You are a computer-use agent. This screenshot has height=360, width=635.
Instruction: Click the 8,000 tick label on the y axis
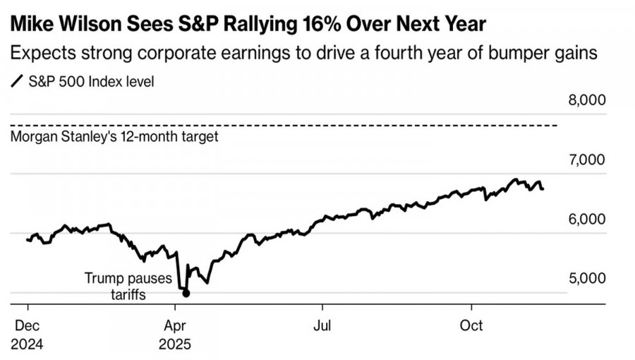click(587, 100)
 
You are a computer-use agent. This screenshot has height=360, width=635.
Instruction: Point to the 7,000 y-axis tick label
click(587, 160)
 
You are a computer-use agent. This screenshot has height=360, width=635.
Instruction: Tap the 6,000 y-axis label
click(587, 220)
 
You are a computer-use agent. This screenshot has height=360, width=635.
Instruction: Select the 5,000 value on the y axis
click(587, 279)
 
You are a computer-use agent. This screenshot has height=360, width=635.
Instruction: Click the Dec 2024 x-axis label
click(28, 335)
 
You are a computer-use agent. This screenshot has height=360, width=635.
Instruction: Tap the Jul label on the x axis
click(322, 325)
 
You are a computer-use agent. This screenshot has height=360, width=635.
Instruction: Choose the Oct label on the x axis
click(471, 325)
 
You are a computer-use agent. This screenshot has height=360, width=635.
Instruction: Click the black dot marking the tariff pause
click(186, 292)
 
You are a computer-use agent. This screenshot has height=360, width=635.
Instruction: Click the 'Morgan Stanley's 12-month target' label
click(115, 137)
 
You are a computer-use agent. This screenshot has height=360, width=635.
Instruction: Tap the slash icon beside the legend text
click(16, 82)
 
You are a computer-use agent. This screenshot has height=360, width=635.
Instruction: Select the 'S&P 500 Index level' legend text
click(91, 82)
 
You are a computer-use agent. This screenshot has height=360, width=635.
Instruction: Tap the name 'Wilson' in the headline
click(104, 25)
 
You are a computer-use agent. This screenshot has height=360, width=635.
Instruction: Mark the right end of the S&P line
click(543, 188)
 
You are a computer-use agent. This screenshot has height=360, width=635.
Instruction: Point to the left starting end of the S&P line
click(27, 240)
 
